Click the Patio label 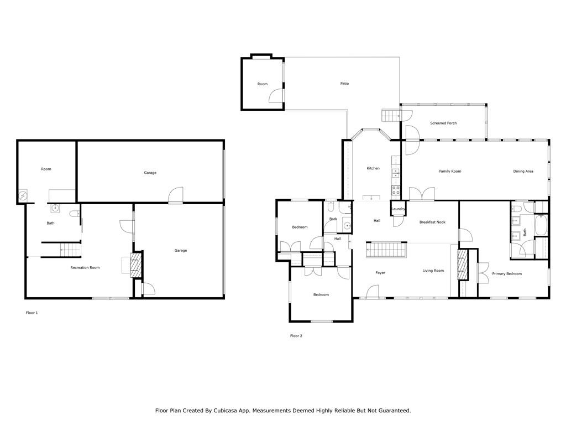click(344, 84)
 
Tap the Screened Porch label click(443, 123)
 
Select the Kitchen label click(373, 168)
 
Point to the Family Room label click(450, 172)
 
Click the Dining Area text click(523, 172)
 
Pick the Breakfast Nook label click(432, 222)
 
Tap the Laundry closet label click(398, 209)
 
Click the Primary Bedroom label click(507, 273)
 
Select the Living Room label click(433, 270)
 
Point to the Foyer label click(380, 273)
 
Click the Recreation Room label click(85, 267)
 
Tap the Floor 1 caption click(32, 313)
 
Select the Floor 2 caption click(296, 336)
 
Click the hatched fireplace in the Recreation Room click(136, 265)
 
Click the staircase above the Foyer click(386, 250)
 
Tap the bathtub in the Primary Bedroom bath click(541, 226)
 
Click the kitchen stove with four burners click(396, 190)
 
